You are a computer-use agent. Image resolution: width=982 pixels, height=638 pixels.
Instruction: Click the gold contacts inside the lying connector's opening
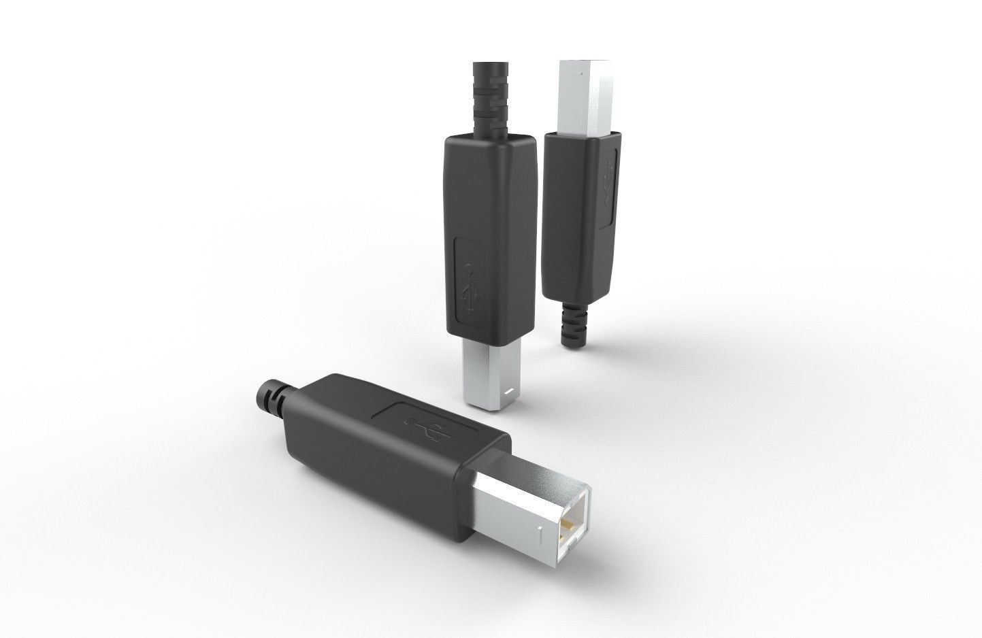click(x=567, y=527)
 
